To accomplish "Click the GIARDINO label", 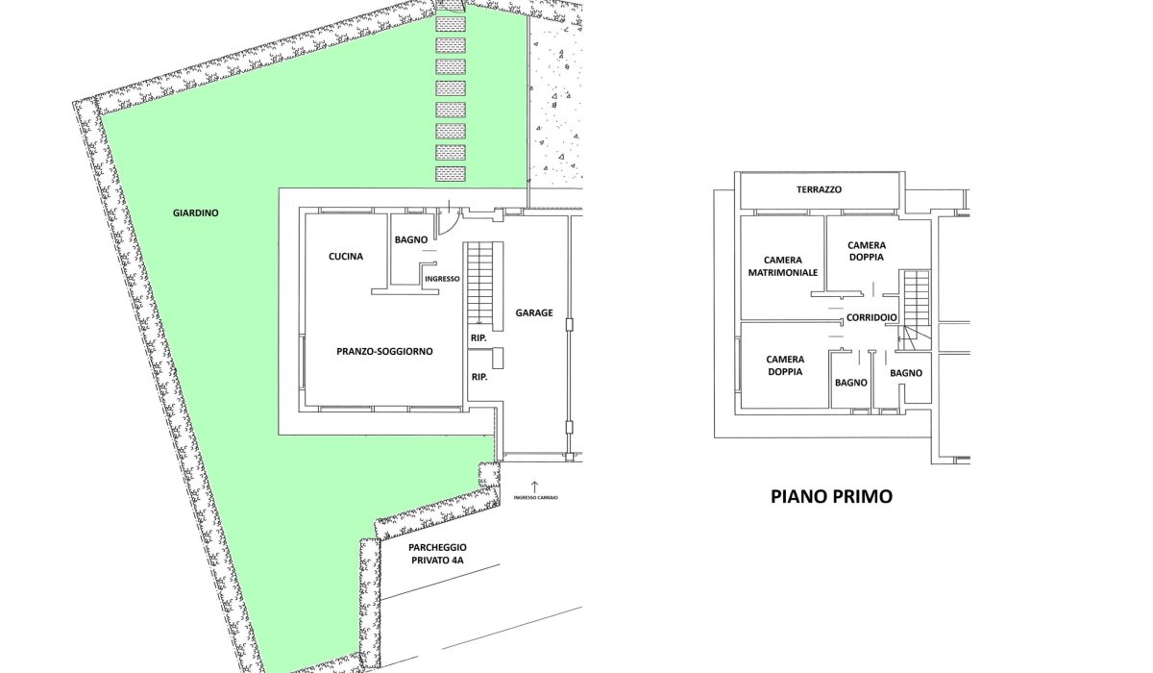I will click(x=196, y=212).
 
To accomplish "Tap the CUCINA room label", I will click(x=345, y=256).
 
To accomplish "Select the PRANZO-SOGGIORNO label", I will click(x=384, y=352).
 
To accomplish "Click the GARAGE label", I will click(x=533, y=312).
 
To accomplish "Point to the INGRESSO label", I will click(x=442, y=279).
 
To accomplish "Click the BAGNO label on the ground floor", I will click(x=409, y=240).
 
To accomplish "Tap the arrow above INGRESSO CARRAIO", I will click(x=535, y=485).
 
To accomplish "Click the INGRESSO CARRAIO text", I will click(x=535, y=498).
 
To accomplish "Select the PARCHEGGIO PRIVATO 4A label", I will click(x=436, y=553).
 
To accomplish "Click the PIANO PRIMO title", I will click(x=831, y=497).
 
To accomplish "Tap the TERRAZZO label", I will click(x=819, y=190).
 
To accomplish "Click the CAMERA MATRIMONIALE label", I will click(x=782, y=266).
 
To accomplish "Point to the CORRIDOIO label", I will click(x=871, y=318).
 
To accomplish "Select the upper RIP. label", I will click(x=478, y=338).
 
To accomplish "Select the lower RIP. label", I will click(x=478, y=377).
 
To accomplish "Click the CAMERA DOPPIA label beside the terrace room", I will click(x=866, y=251).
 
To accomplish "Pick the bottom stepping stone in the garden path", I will click(x=450, y=174).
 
